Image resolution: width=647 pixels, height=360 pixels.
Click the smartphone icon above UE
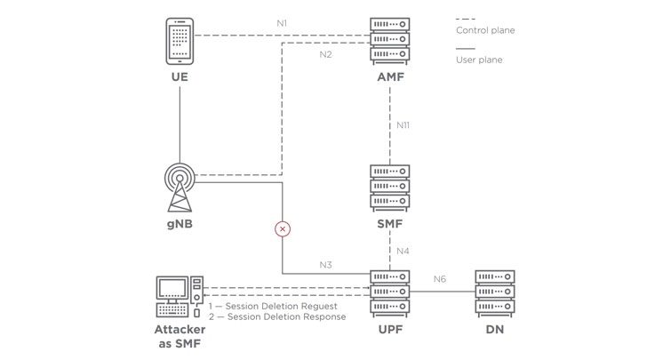click(180, 40)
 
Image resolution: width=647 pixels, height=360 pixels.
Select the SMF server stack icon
click(391, 186)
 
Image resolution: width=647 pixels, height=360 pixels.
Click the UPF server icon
click(391, 291)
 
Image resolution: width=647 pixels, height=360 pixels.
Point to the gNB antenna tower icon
click(180, 185)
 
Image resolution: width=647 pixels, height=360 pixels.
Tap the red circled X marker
click(283, 229)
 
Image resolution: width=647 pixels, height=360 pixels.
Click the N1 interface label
click(284, 22)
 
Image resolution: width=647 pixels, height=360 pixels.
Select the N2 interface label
click(325, 55)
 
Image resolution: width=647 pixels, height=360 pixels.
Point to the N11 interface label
click(404, 125)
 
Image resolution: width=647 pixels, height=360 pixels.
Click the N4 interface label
click(404, 251)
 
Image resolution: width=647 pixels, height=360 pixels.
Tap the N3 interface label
click(326, 264)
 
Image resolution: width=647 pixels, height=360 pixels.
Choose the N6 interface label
click(440, 280)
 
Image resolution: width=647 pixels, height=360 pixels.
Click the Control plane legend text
click(485, 30)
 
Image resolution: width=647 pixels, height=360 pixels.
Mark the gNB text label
click(180, 225)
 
